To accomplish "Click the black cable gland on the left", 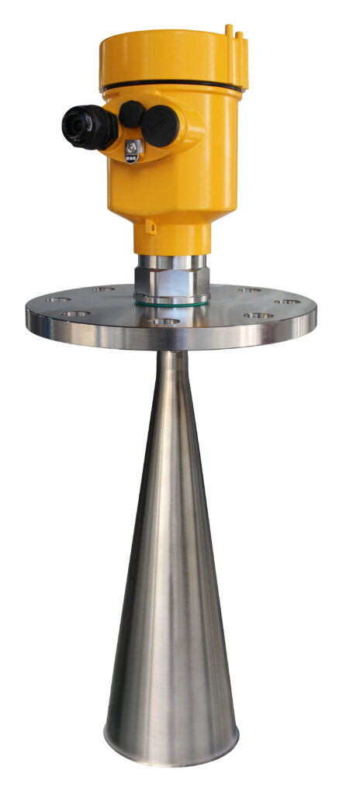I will click(87, 124).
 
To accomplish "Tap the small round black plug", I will click(130, 114).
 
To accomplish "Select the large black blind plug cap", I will click(161, 124).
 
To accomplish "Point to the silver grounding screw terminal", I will click(133, 149).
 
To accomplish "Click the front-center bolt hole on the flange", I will click(164, 321).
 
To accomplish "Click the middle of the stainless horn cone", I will click(171, 558).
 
